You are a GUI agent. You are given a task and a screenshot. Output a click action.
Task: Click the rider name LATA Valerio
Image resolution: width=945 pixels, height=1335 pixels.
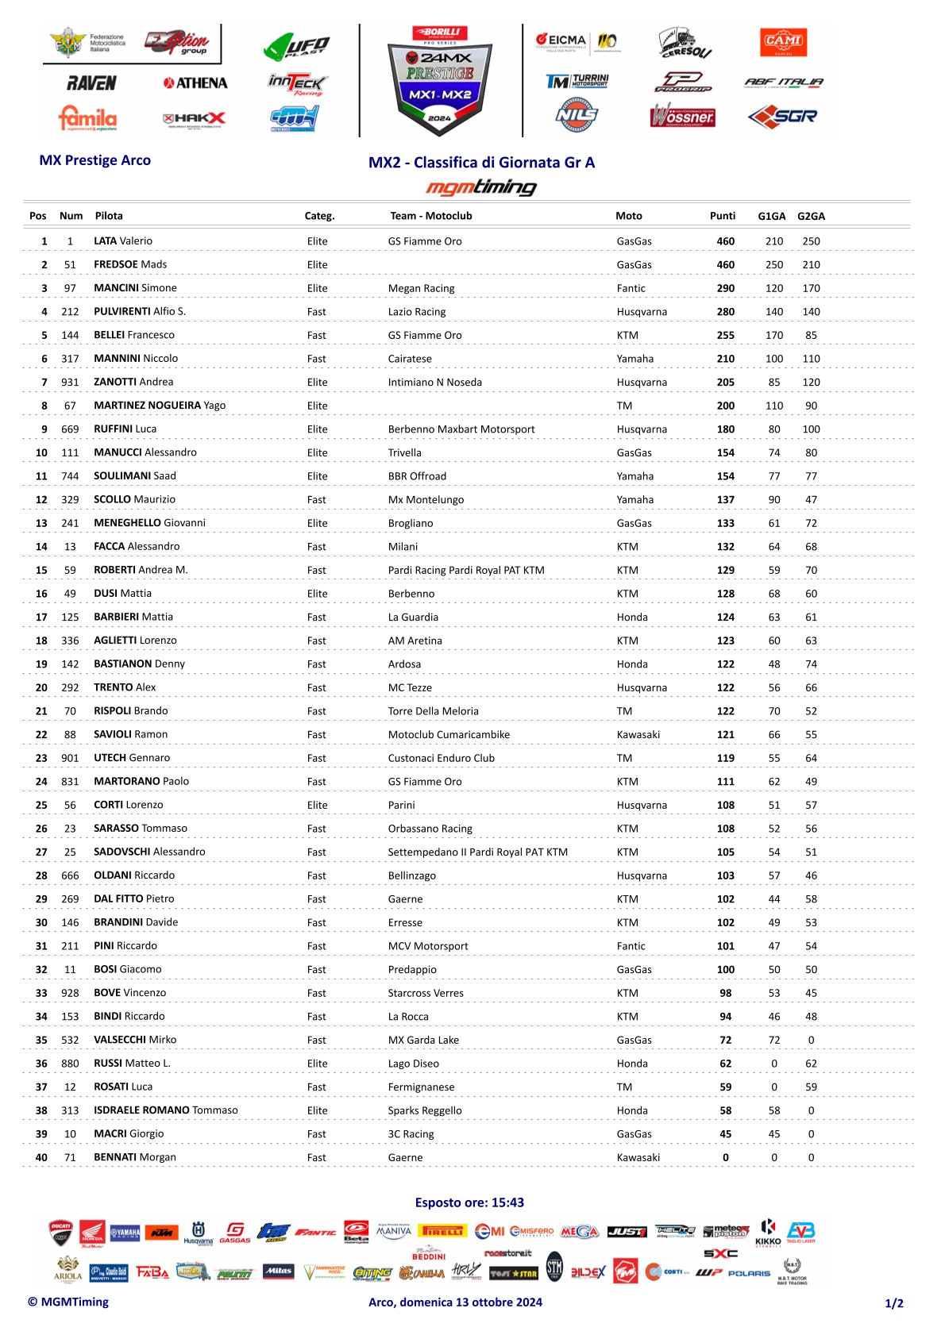[123, 241]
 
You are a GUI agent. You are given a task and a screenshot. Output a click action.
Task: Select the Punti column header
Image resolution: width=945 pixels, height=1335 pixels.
[723, 216]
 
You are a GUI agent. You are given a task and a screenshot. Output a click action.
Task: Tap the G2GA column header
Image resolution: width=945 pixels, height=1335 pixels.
[811, 216]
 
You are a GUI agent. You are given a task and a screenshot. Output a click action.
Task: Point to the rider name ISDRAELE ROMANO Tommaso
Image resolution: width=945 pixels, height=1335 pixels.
[166, 1110]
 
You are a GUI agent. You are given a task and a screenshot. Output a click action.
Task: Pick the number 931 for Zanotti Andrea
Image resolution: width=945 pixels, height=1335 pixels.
[70, 382]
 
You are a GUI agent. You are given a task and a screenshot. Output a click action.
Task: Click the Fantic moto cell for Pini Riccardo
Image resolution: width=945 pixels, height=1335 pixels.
[631, 946]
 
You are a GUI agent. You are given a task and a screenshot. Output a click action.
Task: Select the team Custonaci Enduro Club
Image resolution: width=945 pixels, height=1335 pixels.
[441, 758]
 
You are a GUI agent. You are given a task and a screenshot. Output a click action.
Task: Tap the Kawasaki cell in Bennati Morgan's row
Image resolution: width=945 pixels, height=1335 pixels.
[638, 1157]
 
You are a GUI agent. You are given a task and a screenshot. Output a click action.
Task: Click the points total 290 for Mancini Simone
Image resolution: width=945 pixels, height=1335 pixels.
[726, 288]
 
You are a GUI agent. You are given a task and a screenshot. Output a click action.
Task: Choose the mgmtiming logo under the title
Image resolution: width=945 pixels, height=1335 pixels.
[481, 187]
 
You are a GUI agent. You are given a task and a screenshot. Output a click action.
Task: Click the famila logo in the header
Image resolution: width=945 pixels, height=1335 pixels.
[87, 118]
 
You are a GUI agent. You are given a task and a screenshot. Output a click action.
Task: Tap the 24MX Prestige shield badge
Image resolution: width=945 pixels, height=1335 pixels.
[440, 79]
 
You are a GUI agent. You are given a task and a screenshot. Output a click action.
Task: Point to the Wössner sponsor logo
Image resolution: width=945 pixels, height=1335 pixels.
[683, 117]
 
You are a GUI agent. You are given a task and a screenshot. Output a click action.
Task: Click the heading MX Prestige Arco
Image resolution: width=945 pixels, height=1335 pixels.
[95, 160]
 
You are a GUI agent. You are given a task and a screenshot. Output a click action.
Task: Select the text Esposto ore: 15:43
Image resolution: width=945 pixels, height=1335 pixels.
[469, 1202]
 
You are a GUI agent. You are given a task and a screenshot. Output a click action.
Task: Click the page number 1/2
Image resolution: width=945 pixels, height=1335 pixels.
[894, 1303]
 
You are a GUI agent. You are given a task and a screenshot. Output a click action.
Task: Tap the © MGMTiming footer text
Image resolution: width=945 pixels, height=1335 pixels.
[68, 1302]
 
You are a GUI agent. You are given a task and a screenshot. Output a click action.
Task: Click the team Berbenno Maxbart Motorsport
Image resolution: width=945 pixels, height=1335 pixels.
[461, 429]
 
